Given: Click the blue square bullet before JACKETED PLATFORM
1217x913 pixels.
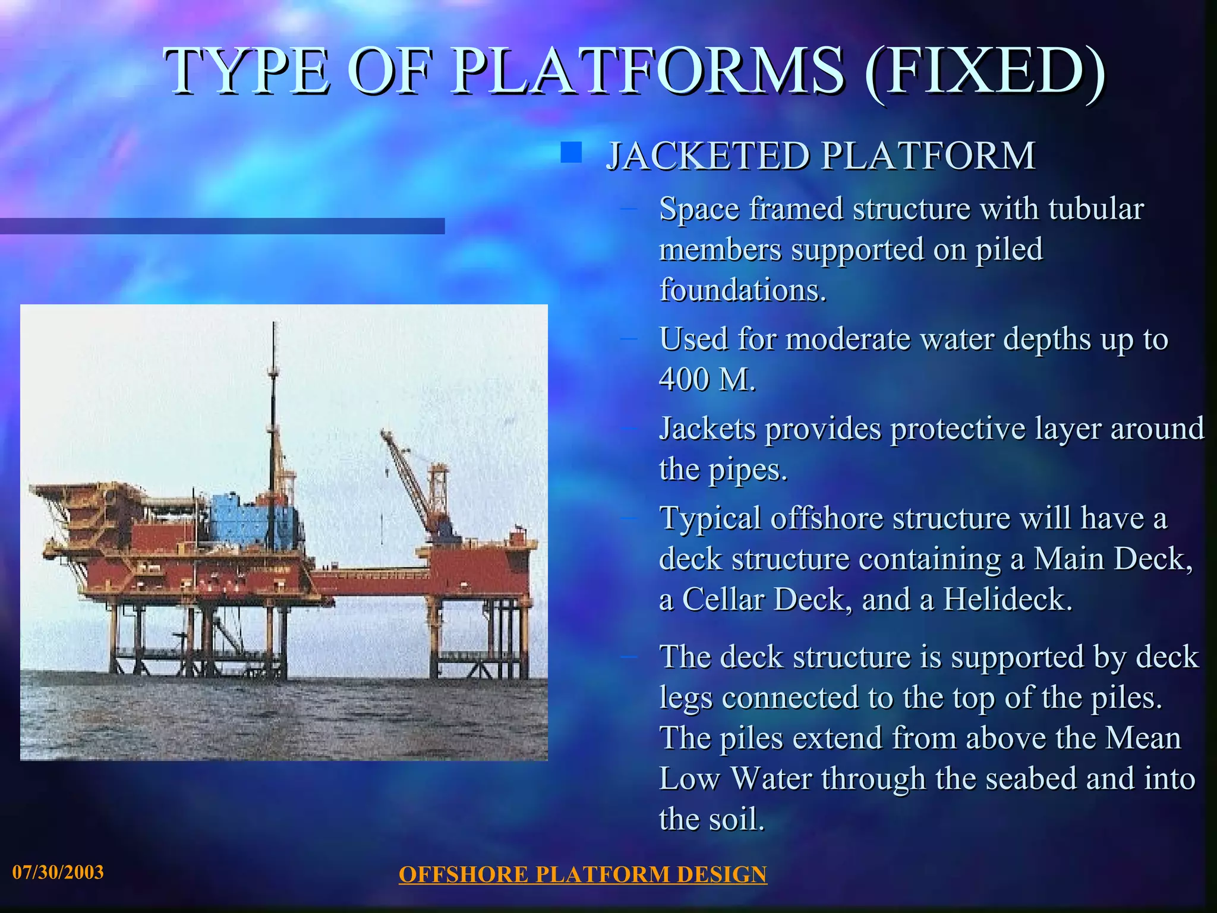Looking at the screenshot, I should (571, 152).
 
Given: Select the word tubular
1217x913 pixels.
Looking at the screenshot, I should (1095, 209).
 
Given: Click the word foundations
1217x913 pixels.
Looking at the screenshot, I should (742, 290).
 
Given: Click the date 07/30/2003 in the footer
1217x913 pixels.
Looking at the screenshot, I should (58, 872).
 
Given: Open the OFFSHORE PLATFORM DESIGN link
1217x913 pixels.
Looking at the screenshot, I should (582, 874).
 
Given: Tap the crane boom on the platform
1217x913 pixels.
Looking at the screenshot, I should (406, 476).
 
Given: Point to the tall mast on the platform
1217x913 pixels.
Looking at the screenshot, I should (273, 416).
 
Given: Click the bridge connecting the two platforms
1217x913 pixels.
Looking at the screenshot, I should (371, 575).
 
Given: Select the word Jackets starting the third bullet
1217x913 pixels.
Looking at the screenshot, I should (708, 429).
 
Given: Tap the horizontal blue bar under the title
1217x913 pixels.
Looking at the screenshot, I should (222, 226).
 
